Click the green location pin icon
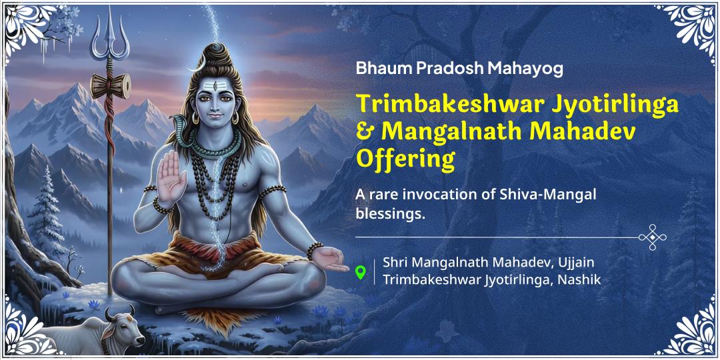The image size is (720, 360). tap(361, 272)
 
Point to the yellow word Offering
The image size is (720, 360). tap(405, 160)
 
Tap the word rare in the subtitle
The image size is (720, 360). tap(383, 195)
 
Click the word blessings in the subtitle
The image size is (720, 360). tap(389, 214)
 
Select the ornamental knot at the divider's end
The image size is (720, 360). tap(653, 237)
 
